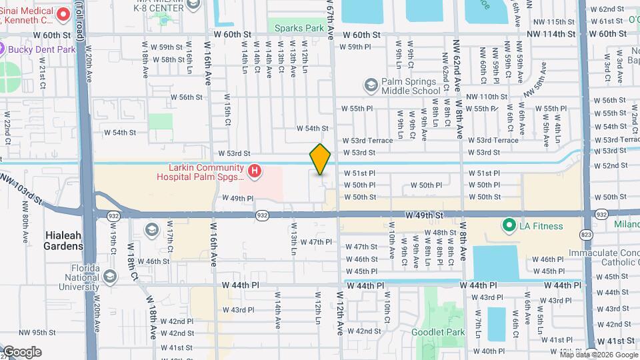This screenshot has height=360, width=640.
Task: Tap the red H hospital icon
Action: pos(254,172)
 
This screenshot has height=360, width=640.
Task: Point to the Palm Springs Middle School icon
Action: pos(370,85)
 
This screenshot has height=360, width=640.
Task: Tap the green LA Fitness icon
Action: pos(510,226)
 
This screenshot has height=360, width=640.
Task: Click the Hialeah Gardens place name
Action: pos(64,241)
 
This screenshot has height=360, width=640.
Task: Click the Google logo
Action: pos(21,352)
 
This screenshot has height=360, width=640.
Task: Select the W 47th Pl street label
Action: pos(315,242)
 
